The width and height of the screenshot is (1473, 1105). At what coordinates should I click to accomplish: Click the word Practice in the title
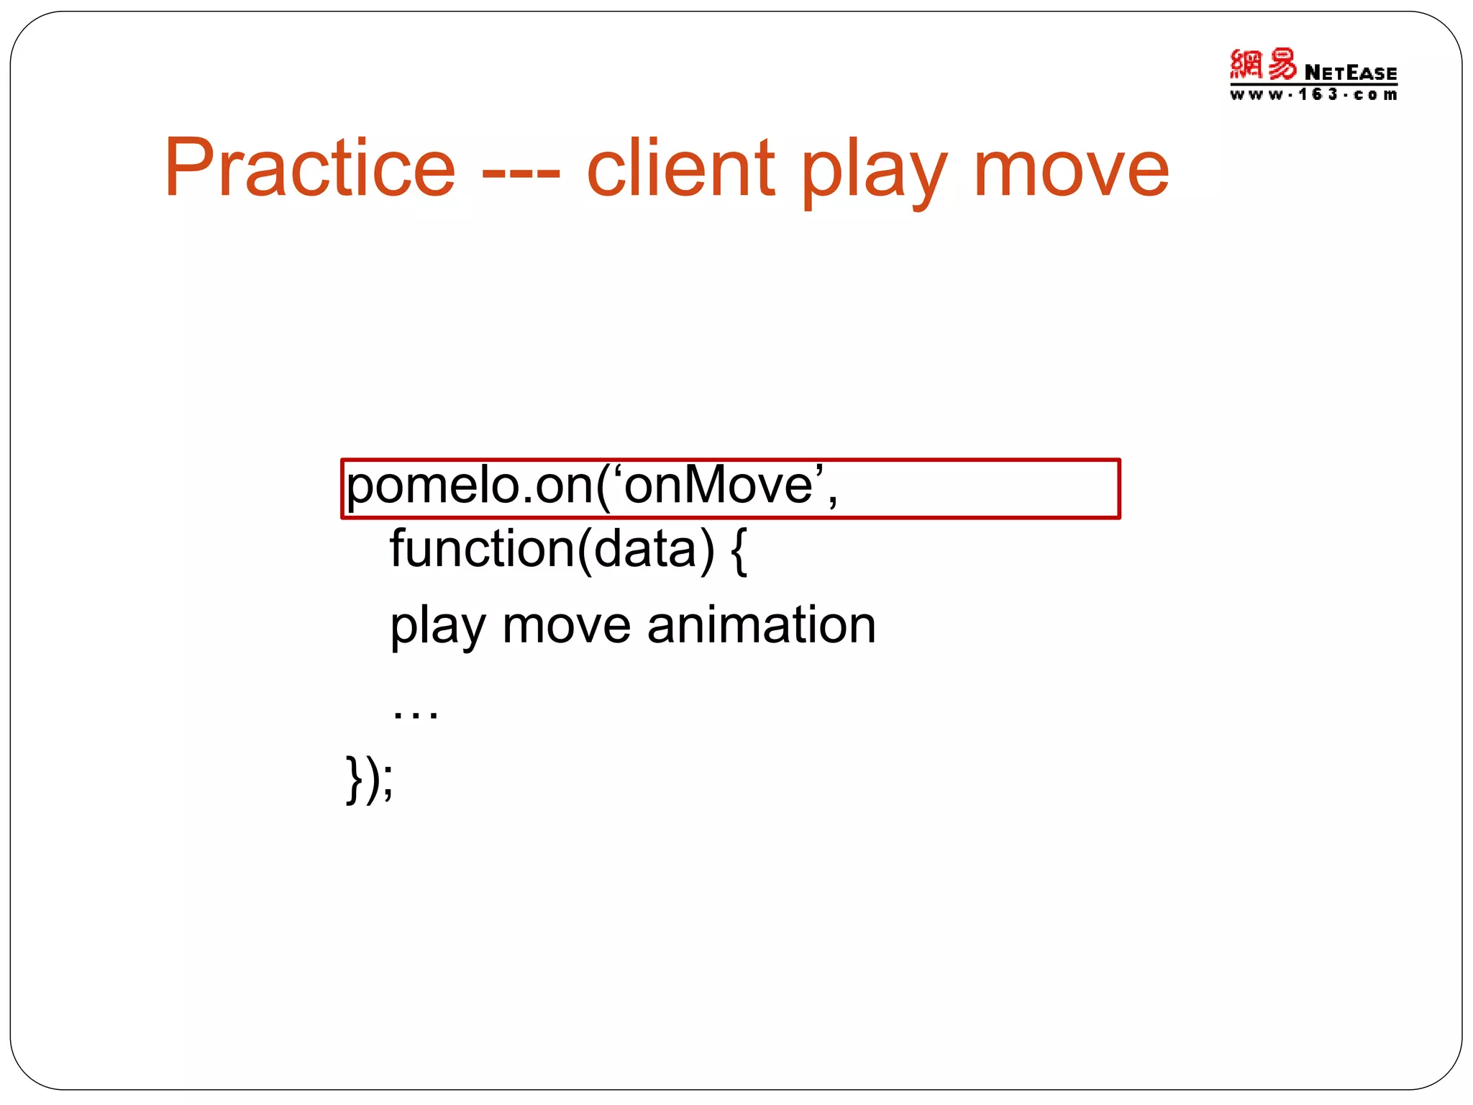point(309,169)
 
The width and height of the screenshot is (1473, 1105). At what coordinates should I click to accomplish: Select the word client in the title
point(680,169)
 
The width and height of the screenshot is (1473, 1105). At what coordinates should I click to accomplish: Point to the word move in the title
point(1071,173)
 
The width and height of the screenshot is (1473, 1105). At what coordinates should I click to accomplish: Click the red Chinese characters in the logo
point(1262,65)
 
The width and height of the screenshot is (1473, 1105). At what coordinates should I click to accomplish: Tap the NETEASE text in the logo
point(1350,73)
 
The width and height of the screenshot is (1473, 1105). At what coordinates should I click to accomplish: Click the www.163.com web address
point(1313,95)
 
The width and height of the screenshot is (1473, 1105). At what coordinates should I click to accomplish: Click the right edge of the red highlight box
point(1118,488)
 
